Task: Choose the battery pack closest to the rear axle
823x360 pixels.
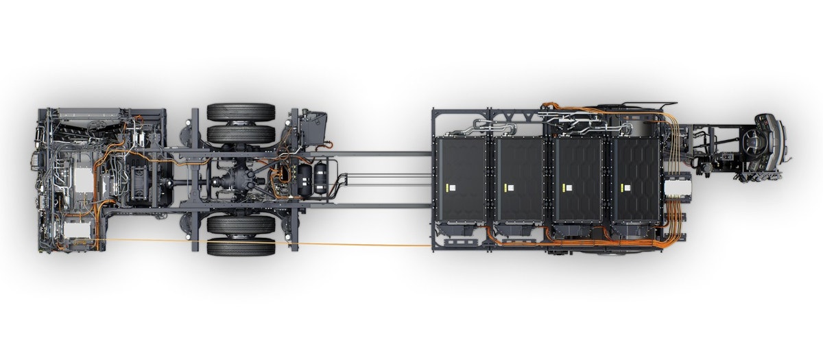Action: click(x=459, y=180)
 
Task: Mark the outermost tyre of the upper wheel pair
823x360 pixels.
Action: click(x=241, y=111)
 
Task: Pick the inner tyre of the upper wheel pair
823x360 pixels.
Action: click(x=241, y=134)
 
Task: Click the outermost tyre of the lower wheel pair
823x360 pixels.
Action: click(x=241, y=246)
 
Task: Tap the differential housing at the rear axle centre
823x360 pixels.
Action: click(x=230, y=182)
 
